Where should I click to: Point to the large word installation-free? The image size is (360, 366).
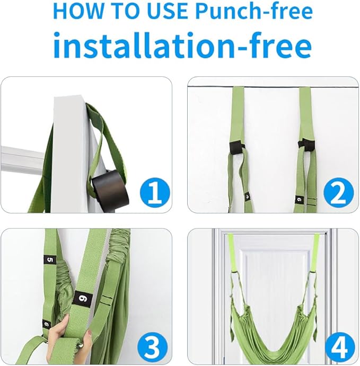[x=182, y=45]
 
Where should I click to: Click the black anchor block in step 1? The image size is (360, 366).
[x=110, y=189]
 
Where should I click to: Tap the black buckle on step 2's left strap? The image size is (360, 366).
[x=236, y=148]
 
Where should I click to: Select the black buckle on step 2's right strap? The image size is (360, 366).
[x=306, y=146]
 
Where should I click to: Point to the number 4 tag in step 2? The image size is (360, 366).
[x=248, y=197]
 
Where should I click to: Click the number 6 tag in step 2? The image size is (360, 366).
[x=299, y=200]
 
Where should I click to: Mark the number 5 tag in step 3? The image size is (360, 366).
[x=50, y=260]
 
